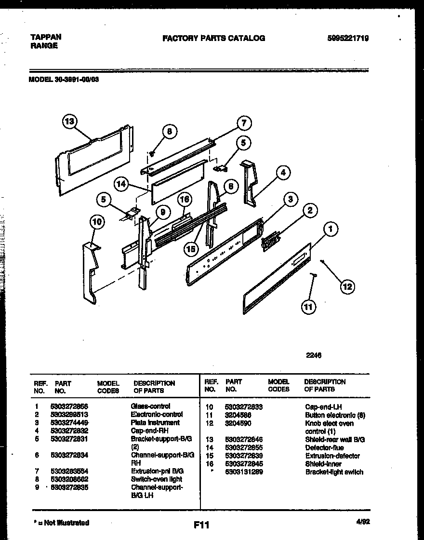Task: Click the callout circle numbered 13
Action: coord(70,121)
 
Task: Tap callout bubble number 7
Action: coord(244,123)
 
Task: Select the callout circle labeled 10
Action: coord(97,221)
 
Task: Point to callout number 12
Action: coord(347,287)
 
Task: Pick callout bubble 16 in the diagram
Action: coord(184,199)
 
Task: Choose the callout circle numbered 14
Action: coord(122,184)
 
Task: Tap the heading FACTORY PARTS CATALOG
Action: coord(213,38)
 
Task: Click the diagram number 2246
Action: coord(314,356)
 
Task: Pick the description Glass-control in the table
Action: coord(150,406)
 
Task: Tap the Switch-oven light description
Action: coord(156,479)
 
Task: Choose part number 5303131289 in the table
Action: coord(244,472)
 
